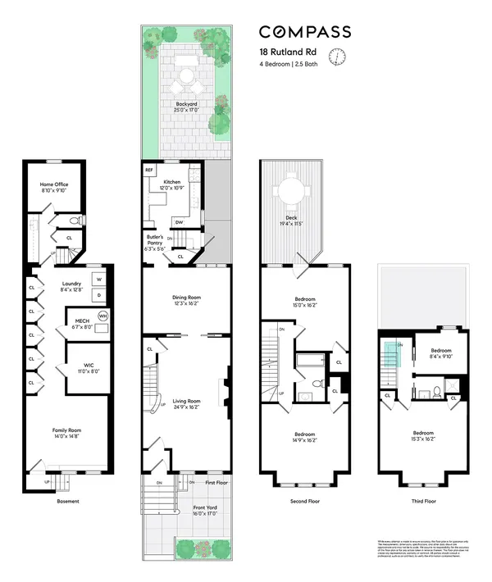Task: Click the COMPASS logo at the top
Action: tap(305, 32)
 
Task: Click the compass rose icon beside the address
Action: tap(336, 56)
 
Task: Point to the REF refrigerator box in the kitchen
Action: tap(149, 170)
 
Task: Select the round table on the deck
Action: tap(292, 190)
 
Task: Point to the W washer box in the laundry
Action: tap(98, 278)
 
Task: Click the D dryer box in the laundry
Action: tap(98, 294)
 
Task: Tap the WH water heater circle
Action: tap(102, 316)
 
